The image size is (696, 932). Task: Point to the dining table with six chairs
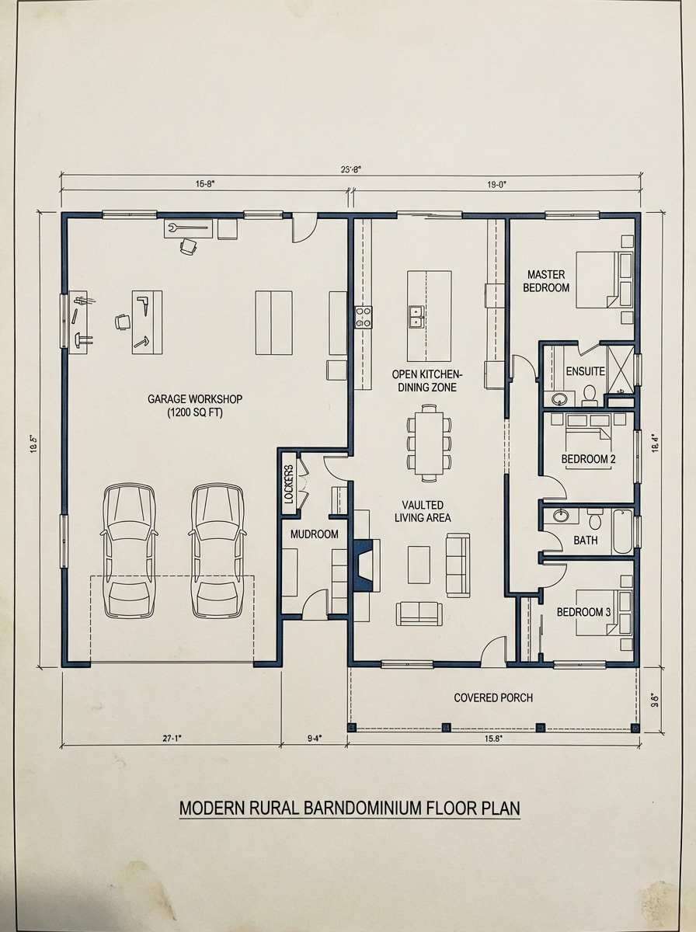(429, 440)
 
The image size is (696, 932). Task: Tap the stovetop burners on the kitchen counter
(364, 316)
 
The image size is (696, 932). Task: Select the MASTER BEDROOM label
(548, 280)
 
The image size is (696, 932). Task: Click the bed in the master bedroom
(604, 280)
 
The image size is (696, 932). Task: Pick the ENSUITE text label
(585, 371)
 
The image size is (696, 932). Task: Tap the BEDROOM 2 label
(588, 459)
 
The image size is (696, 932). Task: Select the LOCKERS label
(289, 485)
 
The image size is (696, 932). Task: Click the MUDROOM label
(314, 534)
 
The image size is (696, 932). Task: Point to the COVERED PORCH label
(493, 697)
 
